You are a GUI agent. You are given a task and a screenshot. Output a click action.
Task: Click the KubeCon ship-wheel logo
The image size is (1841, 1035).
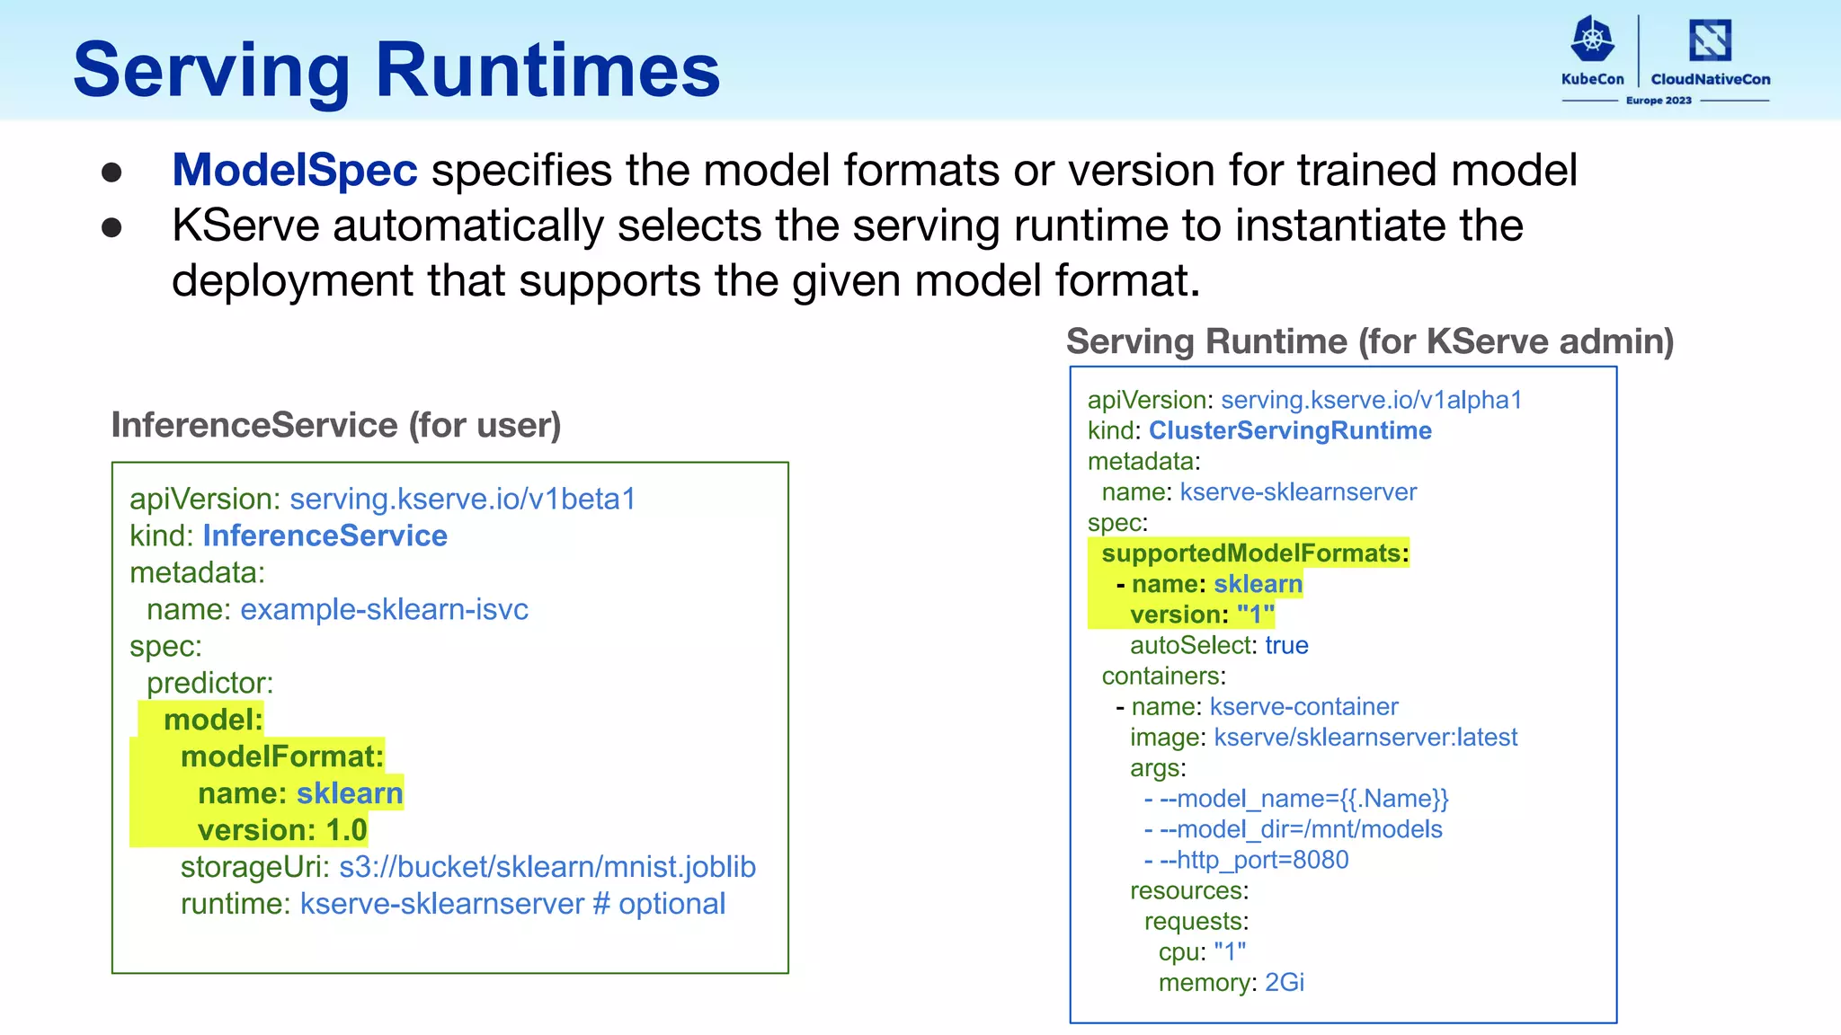click(1592, 40)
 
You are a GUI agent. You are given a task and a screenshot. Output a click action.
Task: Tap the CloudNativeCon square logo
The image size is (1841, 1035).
click(1710, 40)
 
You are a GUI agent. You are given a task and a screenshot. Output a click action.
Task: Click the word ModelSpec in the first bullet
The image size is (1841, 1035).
click(295, 170)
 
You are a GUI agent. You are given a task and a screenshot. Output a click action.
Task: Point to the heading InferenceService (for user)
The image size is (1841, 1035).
click(335, 425)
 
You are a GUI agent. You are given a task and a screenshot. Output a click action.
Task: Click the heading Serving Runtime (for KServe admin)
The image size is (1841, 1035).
click(1369, 341)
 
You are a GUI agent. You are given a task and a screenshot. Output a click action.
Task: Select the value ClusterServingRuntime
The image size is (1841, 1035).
click(1290, 430)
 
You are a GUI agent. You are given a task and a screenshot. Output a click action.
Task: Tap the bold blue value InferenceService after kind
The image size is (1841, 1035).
click(325, 535)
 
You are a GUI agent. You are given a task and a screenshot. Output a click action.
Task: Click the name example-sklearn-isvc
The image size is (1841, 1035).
click(384, 609)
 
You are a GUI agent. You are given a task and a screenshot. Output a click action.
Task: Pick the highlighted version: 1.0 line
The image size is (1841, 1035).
click(281, 830)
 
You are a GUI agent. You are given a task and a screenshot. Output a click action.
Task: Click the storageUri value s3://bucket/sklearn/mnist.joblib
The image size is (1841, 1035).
click(547, 867)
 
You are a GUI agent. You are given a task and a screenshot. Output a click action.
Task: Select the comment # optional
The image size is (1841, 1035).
click(659, 904)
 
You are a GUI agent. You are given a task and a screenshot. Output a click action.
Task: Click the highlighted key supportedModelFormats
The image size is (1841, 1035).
click(1251, 553)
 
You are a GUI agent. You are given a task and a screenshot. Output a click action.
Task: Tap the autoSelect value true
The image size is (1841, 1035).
click(1286, 645)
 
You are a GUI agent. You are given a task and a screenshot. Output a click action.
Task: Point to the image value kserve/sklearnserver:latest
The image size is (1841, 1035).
click(1365, 738)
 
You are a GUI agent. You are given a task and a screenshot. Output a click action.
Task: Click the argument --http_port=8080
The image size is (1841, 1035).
click(1253, 860)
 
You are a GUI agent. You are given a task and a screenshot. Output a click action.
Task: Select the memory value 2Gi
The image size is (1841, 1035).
click(1284, 983)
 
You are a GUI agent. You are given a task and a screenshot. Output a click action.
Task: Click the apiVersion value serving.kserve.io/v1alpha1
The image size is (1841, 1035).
click(1371, 400)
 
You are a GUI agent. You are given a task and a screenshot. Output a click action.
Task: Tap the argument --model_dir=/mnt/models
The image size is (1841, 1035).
click(1300, 829)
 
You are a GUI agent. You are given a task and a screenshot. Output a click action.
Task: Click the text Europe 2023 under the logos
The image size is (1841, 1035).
click(1659, 101)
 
